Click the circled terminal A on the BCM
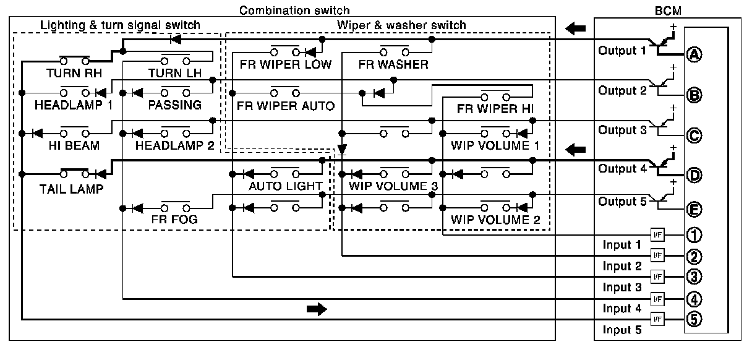pos(694,54)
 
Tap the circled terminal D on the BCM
pos(694,175)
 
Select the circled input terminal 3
pos(694,276)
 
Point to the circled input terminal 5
pos(694,319)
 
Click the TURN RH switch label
pos(74,73)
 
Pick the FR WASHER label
pos(393,64)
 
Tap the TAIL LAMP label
pos(71,189)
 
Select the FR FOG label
pos(174,220)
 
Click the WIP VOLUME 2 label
pos(495,220)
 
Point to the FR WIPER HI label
pos(495,109)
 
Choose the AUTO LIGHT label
pos(285,186)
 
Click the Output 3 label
pos(622,131)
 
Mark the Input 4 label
pos(622,308)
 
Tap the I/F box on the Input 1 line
pos(657,234)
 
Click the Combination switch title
pos(294,11)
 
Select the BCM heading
pos(668,11)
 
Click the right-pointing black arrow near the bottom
pos(317,309)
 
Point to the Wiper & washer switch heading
pos(401,25)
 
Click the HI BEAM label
pos(74,146)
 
